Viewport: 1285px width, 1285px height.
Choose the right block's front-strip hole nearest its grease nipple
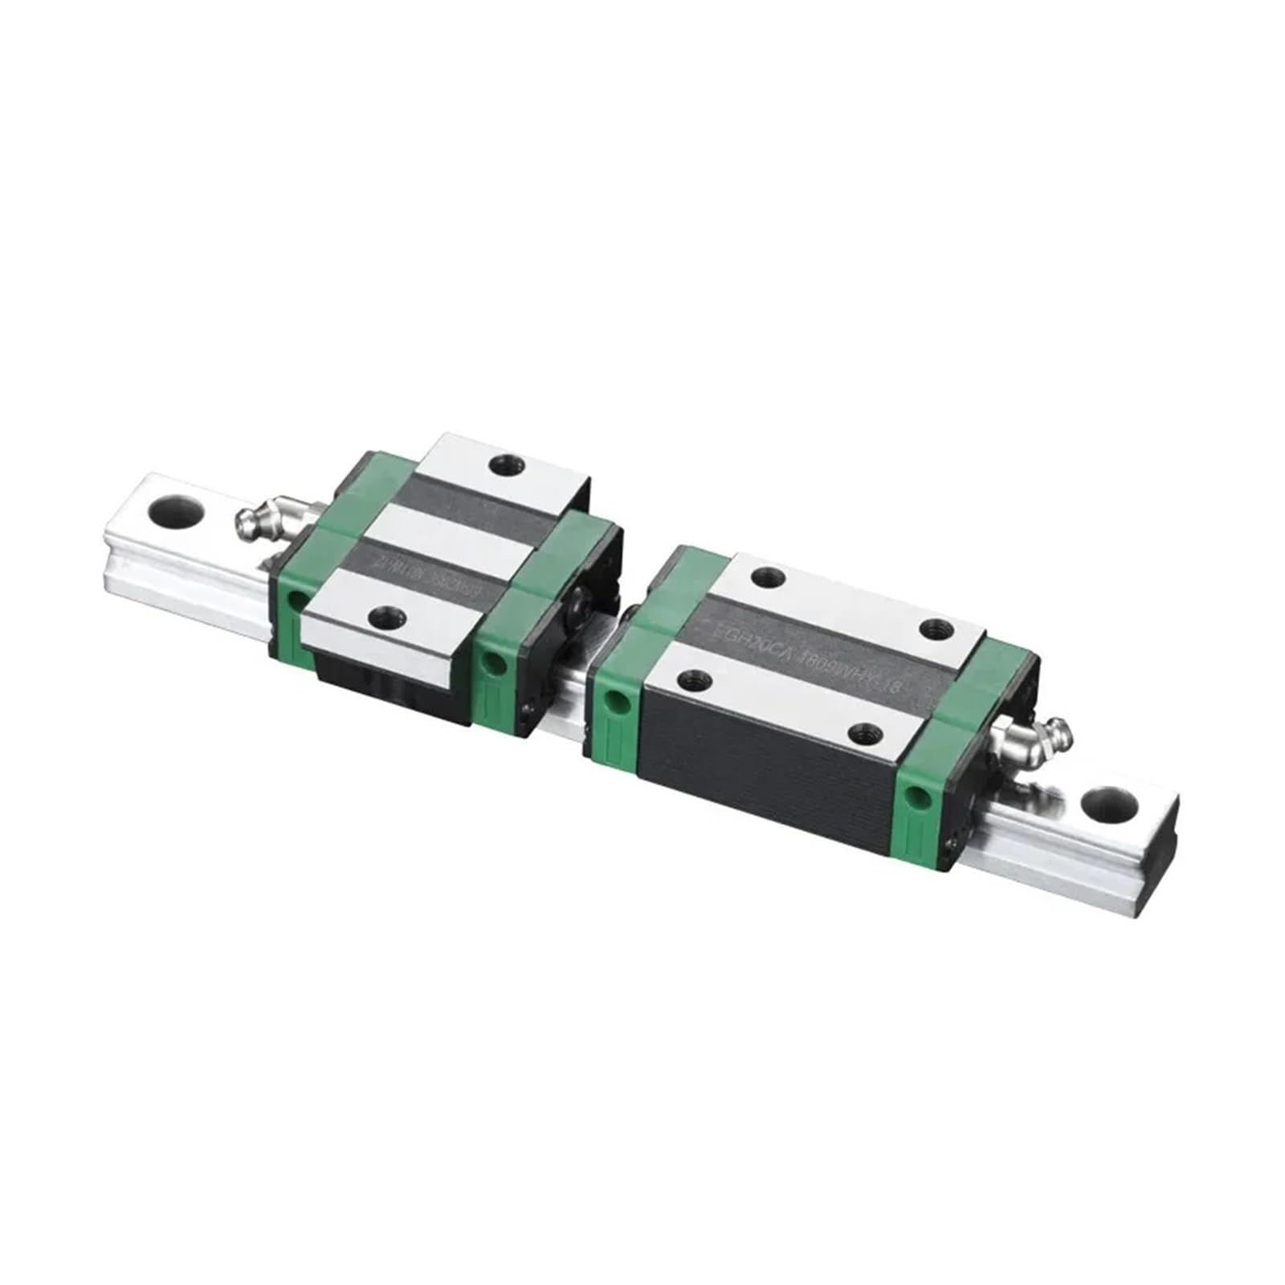[x=865, y=732]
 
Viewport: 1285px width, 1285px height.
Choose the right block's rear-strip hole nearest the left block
[x=769, y=575]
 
